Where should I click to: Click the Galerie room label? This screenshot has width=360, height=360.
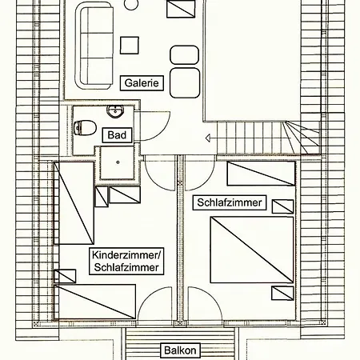coord(142,83)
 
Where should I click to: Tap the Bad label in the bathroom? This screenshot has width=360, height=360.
coord(117,135)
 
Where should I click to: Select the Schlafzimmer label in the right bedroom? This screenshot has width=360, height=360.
coord(230,202)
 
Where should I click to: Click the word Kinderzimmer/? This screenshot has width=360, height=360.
coord(126,255)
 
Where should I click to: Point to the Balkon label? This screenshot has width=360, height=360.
coord(180,350)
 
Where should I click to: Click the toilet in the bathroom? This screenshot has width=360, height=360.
coord(85,127)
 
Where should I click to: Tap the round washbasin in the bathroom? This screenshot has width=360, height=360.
coord(115,111)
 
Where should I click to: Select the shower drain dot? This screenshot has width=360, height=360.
coord(118,162)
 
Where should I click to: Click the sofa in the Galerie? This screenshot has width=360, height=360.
coord(94,46)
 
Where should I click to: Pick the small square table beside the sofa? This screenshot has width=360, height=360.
coord(130,46)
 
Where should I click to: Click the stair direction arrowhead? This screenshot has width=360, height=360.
coord(208,138)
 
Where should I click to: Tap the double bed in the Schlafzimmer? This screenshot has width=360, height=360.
coord(252,250)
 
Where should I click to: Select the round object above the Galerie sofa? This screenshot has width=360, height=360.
coord(131,4)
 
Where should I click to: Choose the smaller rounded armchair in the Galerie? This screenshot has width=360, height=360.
coord(184,55)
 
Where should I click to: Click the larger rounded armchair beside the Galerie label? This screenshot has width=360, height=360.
coord(185,83)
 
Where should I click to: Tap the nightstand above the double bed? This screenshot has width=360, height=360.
coord(282,206)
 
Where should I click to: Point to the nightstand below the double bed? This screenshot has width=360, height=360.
coord(282,293)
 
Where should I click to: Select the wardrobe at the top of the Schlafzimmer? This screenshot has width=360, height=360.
coord(261,174)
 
